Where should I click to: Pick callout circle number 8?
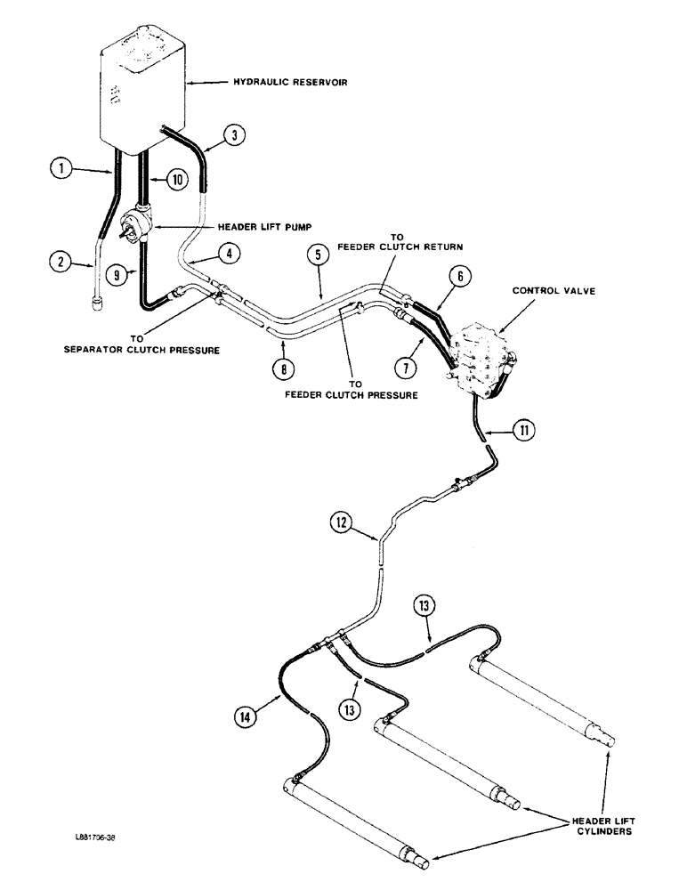click(x=282, y=366)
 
